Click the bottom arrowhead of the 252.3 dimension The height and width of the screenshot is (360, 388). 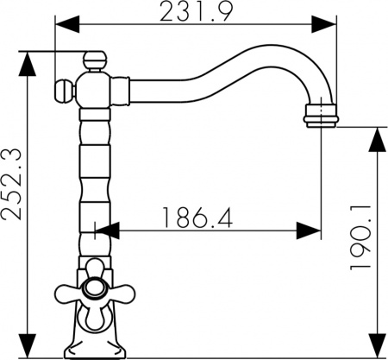click(28, 348)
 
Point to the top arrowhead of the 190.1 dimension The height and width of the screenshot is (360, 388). click(377, 136)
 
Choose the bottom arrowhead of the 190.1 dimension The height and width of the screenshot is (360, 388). click(377, 348)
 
